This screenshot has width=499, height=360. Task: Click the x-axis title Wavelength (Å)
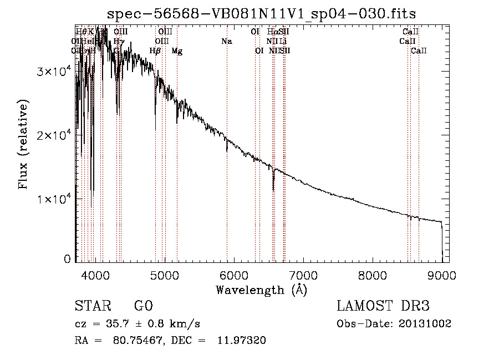pos(261,290)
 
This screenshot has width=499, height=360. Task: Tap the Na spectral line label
pos(226,41)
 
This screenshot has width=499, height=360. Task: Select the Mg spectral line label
pos(177,51)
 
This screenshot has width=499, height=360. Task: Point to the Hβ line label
pos(155,51)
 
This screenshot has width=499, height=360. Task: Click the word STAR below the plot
pos(93,306)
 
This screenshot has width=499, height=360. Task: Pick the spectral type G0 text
pos(143,306)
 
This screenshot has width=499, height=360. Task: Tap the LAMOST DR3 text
pos(383,306)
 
